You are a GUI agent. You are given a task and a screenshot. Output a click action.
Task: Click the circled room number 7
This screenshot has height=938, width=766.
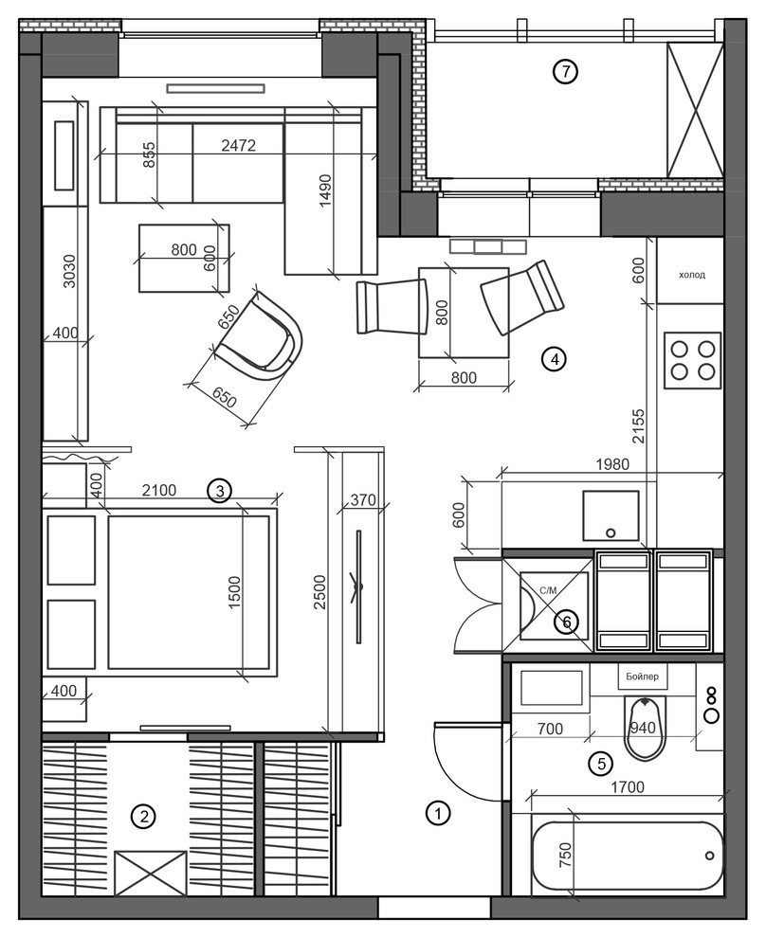[x=565, y=72]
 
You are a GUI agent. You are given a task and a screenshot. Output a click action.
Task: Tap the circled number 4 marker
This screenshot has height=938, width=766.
[x=554, y=359]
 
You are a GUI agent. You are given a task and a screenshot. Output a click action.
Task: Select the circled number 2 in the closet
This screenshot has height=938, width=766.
[x=144, y=816]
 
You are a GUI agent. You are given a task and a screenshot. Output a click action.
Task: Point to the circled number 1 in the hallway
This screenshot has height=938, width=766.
[x=438, y=813]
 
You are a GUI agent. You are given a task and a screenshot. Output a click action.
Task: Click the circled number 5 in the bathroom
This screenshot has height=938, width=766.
[x=601, y=764]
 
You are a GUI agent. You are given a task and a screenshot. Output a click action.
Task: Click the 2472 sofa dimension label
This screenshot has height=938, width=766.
[x=238, y=145]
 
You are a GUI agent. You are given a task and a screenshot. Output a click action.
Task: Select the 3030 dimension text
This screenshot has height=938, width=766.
[x=69, y=271]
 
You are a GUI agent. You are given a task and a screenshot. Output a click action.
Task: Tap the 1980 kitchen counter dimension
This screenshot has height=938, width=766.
[x=612, y=463]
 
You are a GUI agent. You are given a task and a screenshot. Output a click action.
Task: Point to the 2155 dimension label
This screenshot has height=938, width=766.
[x=639, y=426]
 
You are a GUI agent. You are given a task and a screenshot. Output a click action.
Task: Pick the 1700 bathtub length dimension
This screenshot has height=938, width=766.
[x=628, y=786]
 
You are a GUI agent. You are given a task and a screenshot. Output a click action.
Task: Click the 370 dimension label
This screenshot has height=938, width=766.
[x=363, y=499]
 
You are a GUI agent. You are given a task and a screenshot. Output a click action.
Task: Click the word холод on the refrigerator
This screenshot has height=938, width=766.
[x=692, y=275]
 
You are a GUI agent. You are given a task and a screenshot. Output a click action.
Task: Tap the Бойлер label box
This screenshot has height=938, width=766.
[x=642, y=676]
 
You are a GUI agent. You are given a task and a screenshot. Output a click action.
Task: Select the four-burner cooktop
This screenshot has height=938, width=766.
[x=692, y=360]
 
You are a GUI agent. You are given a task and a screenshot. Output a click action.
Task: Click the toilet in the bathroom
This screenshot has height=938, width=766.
[x=645, y=728]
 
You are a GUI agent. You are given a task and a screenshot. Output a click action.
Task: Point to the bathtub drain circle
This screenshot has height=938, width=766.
[x=710, y=856]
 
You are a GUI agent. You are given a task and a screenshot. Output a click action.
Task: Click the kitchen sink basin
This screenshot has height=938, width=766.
[x=611, y=515]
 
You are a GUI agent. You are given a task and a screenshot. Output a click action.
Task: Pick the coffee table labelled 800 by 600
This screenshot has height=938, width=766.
[x=184, y=258]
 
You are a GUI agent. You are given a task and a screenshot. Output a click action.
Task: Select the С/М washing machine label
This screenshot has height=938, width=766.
[x=548, y=590]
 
